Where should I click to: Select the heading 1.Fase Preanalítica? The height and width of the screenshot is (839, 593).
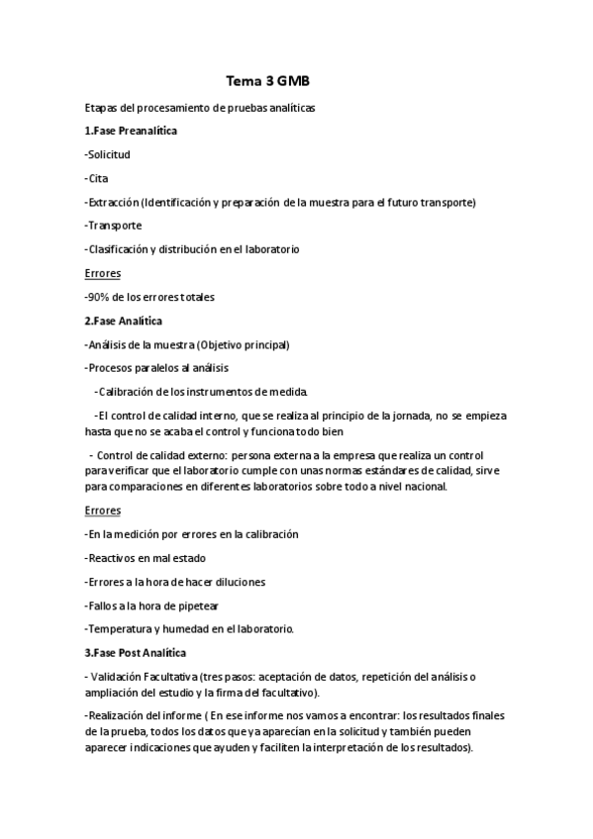click(132, 131)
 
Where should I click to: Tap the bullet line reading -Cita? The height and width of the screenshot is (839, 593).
click(97, 178)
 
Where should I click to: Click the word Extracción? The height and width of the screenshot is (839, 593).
click(113, 202)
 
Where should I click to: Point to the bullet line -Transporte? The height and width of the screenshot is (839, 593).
click(114, 226)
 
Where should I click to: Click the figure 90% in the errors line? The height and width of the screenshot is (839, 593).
click(99, 297)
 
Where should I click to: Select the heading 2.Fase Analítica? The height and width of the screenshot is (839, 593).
click(124, 321)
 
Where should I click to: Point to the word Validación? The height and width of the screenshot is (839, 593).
click(127, 677)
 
